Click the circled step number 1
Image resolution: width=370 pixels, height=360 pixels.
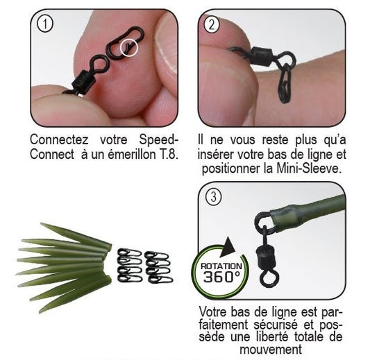[x=44, y=24]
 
